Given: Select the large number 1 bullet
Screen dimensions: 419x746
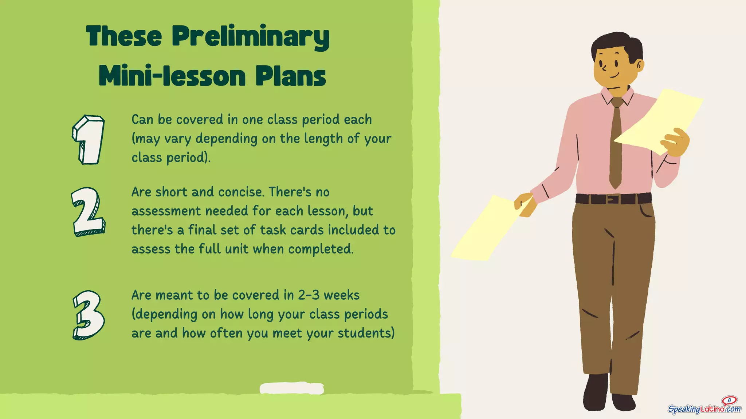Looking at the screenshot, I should click(89, 140).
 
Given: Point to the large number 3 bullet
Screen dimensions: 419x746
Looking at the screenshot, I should click(89, 315).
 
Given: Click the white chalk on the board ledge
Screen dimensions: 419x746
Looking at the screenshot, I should click(291, 388).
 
